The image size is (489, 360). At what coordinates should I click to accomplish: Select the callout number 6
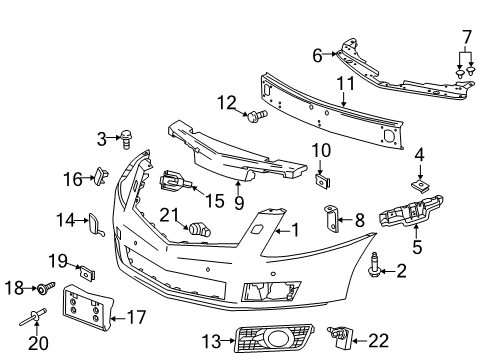pos(317,56)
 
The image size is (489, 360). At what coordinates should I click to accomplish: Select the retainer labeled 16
pos(103,178)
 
